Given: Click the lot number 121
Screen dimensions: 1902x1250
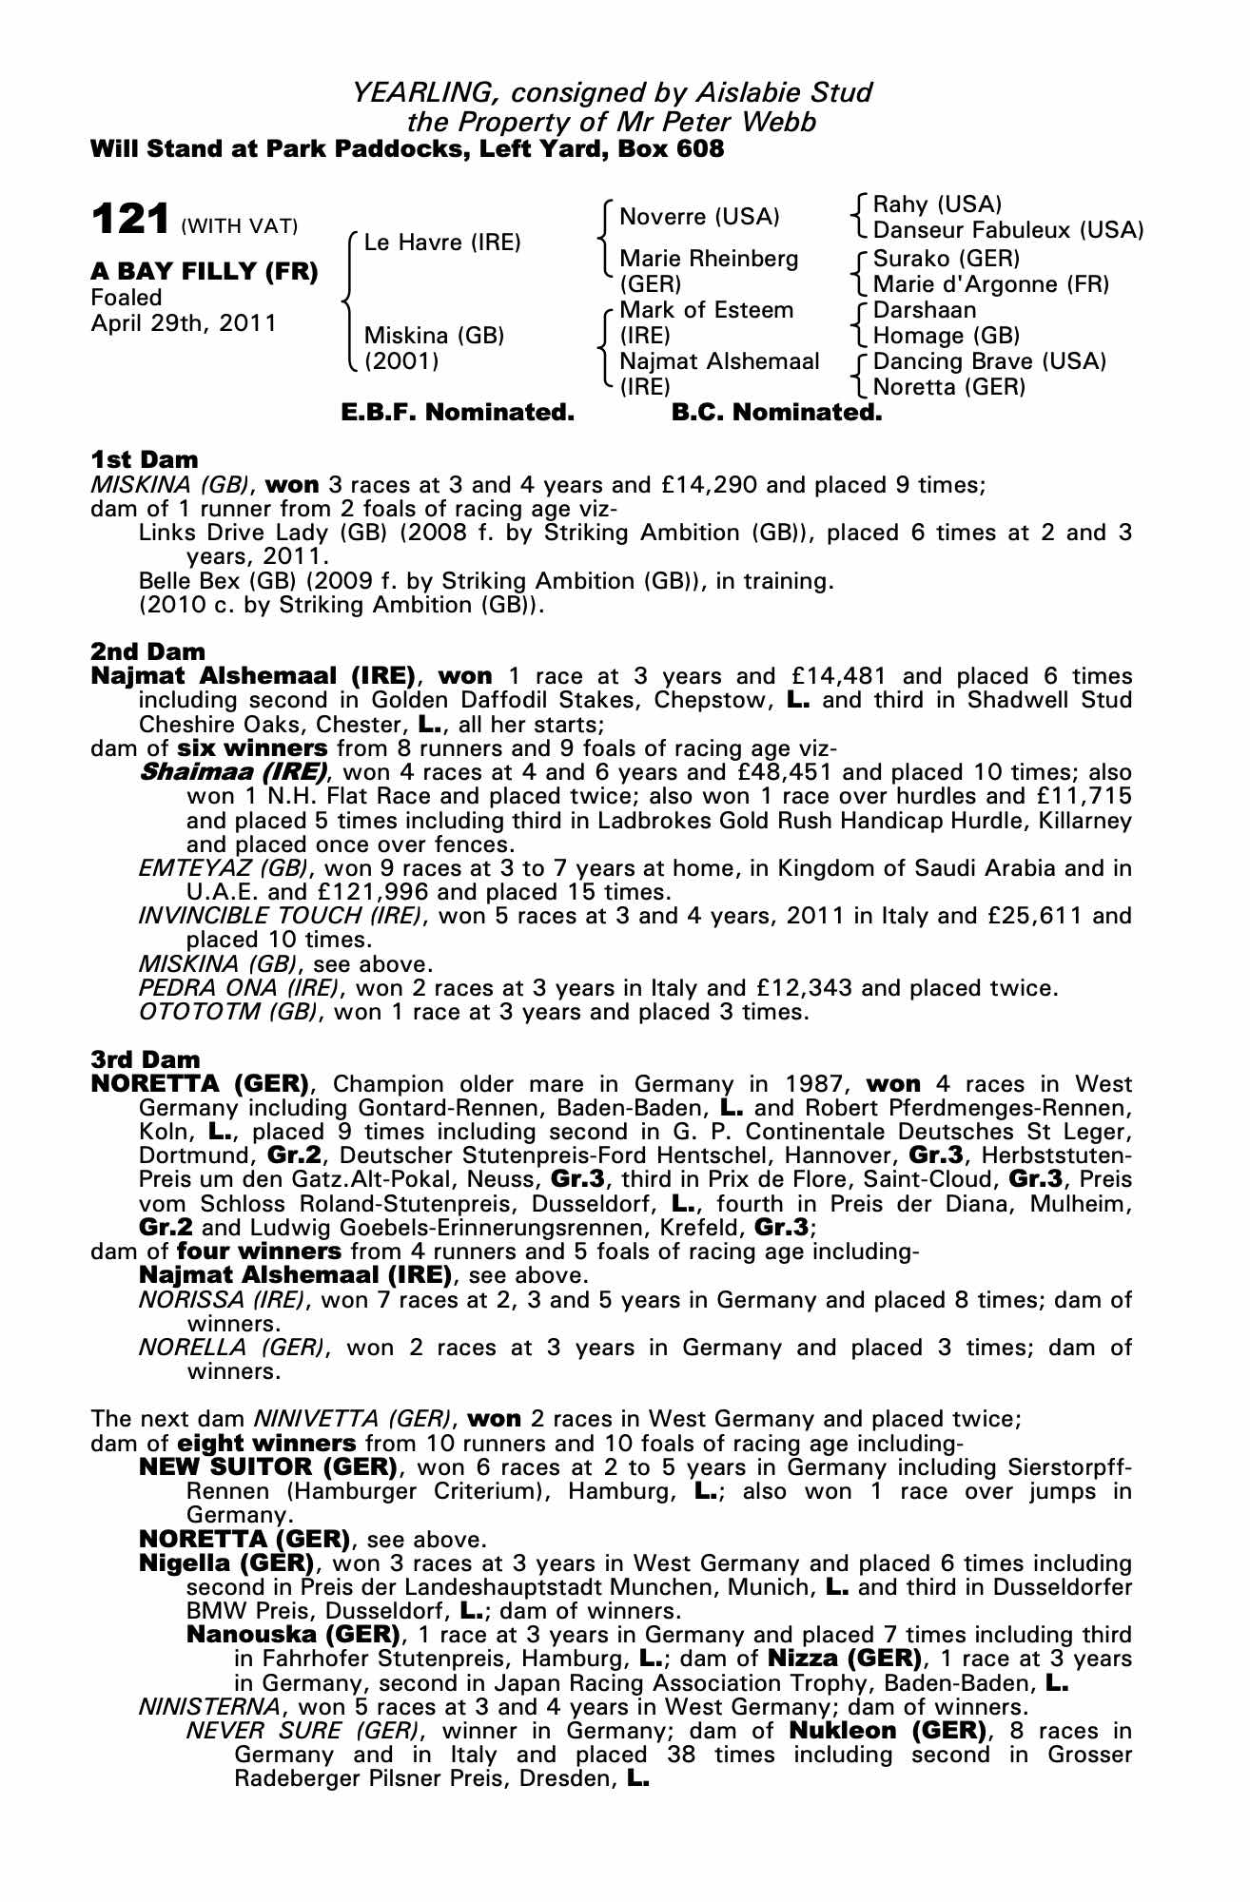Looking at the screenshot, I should click(130, 220).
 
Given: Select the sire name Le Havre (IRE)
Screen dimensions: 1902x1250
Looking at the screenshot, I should click(442, 243).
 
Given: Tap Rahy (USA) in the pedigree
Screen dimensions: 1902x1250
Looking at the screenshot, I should click(937, 204).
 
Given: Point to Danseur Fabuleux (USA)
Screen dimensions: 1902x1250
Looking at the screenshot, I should click(1007, 230).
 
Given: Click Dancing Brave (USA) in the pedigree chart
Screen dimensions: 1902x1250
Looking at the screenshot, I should click(989, 361).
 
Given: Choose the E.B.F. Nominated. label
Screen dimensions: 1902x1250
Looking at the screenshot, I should click(458, 413).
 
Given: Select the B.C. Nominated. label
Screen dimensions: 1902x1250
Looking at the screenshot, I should click(776, 413).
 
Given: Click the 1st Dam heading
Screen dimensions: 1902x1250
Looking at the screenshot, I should click(145, 460).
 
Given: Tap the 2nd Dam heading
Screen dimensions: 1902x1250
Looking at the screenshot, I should click(147, 651).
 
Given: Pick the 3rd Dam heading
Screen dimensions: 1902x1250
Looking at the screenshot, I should click(146, 1059).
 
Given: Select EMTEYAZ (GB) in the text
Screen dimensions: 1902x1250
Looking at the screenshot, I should click(224, 867).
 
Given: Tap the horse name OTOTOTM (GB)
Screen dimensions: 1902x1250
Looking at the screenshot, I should click(227, 1012).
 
